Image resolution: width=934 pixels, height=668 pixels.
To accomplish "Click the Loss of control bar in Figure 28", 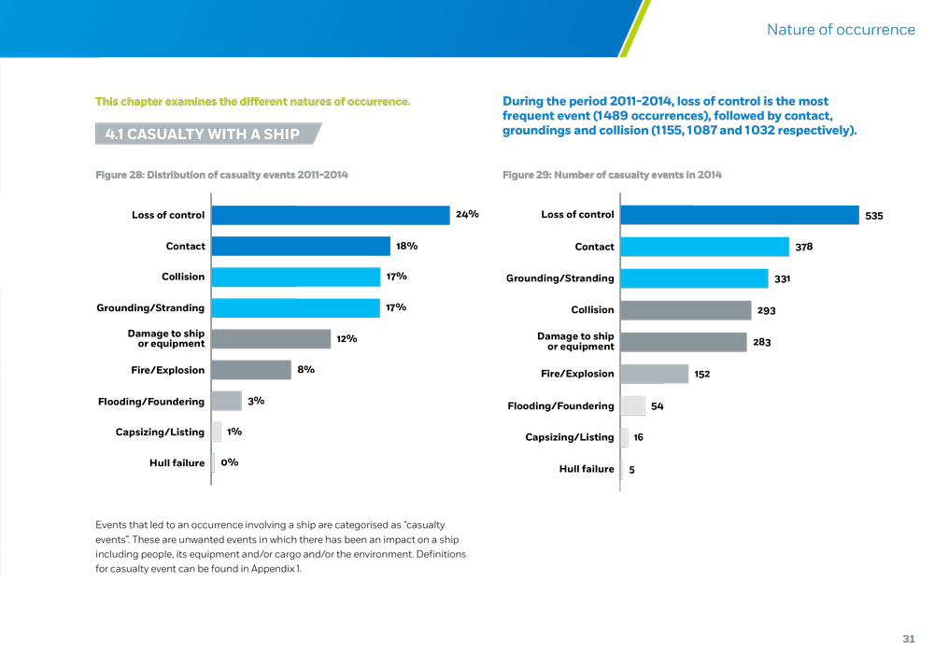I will coord(331,215).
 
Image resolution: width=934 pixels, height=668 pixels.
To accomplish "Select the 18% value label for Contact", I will coord(406,246).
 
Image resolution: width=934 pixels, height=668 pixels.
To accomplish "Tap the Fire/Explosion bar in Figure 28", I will coord(251,370).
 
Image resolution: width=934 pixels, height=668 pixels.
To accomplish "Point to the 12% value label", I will coord(347,338).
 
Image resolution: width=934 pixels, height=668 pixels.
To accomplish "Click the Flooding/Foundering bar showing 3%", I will coord(227,401).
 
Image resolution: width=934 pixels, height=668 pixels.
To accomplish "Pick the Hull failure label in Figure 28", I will coord(177,462).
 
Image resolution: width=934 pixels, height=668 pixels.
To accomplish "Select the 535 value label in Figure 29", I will coord(874,216).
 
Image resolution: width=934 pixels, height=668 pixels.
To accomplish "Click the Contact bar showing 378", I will coord(704,247).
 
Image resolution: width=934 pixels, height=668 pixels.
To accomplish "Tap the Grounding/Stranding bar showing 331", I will coord(694,277).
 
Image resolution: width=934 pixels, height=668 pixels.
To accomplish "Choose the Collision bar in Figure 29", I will coord(686,309).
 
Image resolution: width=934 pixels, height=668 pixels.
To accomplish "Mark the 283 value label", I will coord(762,343).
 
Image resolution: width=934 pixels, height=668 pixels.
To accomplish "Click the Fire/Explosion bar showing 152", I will coord(654,374).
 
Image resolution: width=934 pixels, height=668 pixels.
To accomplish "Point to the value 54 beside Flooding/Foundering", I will coord(658,406).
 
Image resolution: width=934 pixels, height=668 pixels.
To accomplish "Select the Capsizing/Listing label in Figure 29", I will coord(570,437).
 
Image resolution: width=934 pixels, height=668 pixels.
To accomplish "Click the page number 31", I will coord(909,639).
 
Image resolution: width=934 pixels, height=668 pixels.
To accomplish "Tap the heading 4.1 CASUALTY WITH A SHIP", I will coord(203,134).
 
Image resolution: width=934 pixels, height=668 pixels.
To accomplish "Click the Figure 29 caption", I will coord(612,175).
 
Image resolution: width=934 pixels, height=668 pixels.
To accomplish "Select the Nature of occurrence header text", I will coord(841,30).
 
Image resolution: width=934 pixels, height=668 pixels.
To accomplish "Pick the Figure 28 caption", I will coord(221,175).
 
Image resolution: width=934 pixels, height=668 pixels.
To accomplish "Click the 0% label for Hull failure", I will coord(230,462).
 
